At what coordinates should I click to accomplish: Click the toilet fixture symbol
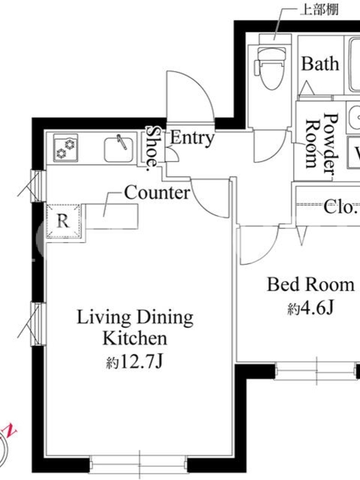pos(270,68)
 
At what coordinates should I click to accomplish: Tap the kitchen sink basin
pos(119,149)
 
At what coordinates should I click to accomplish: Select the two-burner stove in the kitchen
pos(65,148)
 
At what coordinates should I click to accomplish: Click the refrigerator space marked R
pos(64,221)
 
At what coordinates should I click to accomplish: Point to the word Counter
pos(157,193)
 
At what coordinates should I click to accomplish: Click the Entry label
pos(192,138)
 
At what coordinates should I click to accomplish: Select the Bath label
pos(320,64)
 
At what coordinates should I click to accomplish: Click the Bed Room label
pos(311,284)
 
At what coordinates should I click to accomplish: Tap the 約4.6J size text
pos(310,308)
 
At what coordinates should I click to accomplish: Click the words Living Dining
pos(135,318)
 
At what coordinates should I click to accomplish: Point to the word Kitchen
pos(135,338)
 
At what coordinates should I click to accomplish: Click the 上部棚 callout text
pos(319,10)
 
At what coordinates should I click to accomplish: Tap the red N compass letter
pos(10,430)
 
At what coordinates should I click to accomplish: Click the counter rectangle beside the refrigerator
pos(112,217)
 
